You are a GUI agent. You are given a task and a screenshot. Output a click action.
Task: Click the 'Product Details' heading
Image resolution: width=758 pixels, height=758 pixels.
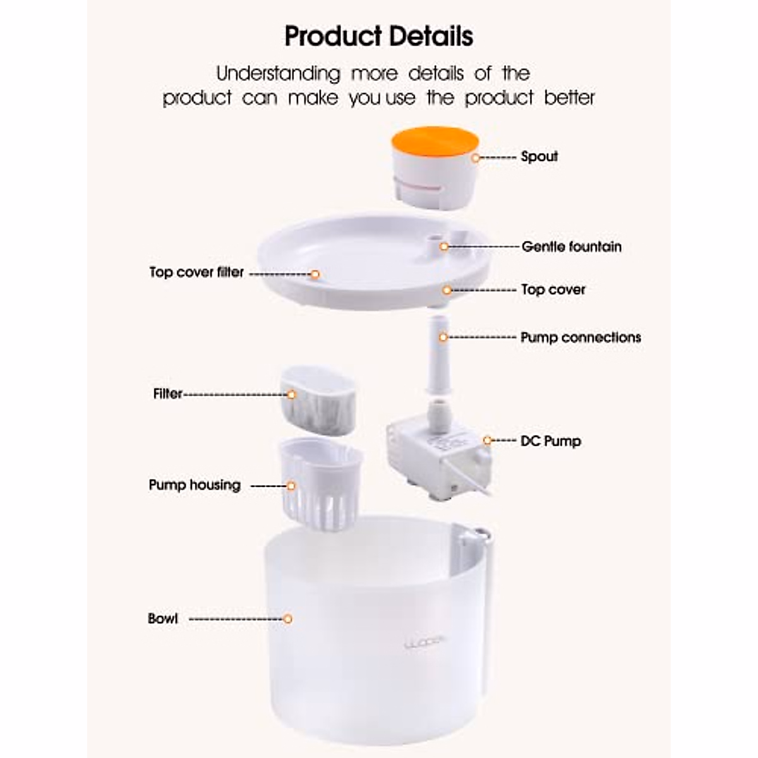[x=378, y=37]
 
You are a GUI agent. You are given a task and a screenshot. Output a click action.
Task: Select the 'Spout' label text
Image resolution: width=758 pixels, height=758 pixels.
[x=539, y=157]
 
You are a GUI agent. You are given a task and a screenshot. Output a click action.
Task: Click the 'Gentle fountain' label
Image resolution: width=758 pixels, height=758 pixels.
[x=571, y=246]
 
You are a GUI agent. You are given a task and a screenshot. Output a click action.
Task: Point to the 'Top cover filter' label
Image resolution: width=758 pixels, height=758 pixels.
[x=196, y=272]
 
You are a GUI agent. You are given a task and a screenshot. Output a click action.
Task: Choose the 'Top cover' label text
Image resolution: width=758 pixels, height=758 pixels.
[x=553, y=290]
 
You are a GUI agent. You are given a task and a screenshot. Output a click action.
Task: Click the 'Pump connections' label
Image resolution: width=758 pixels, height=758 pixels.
[x=581, y=337]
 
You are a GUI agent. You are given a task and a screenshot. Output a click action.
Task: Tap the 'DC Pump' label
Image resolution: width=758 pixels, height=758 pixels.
[x=550, y=441]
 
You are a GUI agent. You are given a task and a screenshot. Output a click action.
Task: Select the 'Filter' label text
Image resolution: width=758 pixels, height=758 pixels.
[x=167, y=394]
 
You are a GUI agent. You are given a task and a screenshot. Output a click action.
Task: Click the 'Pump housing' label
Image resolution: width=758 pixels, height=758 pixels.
[x=195, y=485]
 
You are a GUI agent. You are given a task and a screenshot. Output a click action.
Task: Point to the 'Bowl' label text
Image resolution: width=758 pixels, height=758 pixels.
[x=163, y=618]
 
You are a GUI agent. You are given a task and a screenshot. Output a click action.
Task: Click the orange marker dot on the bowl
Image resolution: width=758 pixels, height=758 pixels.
[x=287, y=618]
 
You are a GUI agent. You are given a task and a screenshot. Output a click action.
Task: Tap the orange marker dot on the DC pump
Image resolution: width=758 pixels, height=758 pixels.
[x=487, y=440]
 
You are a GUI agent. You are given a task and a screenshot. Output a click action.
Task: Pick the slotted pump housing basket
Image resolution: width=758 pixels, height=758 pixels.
[x=320, y=483]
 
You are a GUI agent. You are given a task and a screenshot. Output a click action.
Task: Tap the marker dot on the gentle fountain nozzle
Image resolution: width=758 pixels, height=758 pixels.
[x=444, y=246]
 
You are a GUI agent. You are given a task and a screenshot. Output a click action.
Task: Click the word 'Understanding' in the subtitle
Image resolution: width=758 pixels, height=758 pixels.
[x=279, y=74]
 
